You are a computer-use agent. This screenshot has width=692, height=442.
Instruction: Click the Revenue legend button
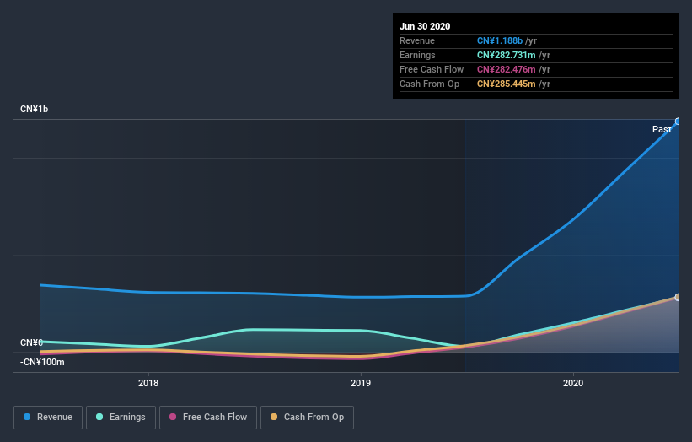[49, 417]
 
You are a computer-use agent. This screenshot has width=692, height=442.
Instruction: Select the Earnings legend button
[121, 417]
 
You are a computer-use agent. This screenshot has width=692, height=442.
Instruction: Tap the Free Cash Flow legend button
[208, 417]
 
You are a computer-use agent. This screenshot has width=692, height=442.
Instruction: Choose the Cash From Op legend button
[308, 417]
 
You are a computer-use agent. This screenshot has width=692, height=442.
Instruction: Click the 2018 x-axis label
[148, 383]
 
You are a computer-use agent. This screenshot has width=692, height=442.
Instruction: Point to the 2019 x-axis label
[361, 383]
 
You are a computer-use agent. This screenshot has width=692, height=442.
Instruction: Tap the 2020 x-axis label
[573, 383]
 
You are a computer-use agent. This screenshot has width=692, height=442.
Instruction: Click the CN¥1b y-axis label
[35, 110]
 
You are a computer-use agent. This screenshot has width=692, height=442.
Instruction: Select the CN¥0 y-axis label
[32, 342]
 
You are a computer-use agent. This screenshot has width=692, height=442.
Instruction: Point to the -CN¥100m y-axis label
[42, 362]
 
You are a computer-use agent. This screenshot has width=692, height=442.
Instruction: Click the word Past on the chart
[662, 129]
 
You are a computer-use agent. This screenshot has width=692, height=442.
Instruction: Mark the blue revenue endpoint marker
[678, 121]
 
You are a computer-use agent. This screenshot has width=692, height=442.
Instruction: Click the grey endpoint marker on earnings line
[678, 297]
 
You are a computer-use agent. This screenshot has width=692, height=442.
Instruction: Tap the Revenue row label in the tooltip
[418, 40]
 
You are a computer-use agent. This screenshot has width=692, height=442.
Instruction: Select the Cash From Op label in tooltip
[429, 84]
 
